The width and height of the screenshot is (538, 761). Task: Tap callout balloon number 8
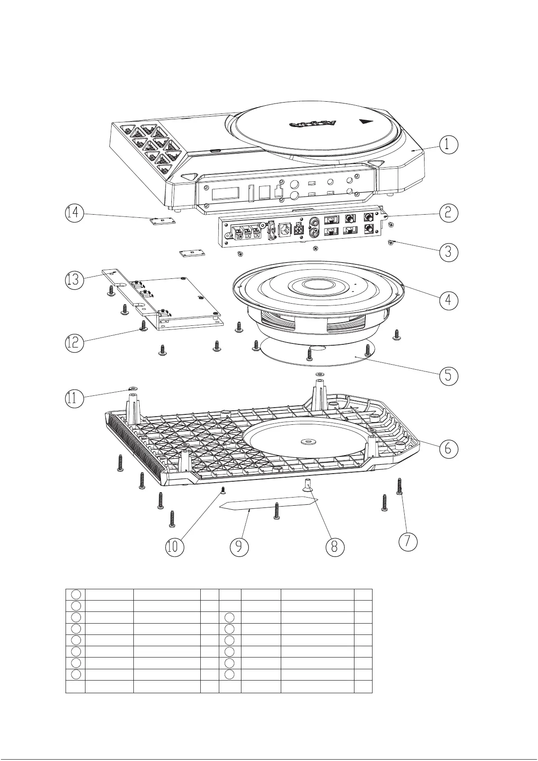pos(335,546)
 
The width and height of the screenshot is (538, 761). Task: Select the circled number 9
pos(239,547)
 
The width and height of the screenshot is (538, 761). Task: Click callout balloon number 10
pos(174,547)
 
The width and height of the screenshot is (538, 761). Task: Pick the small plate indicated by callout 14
pos(162,221)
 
